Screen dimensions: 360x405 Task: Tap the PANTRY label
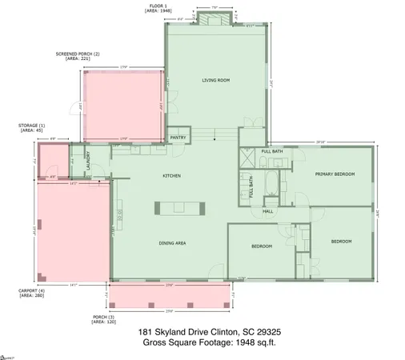pos(178,138)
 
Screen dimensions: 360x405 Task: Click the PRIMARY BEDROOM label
pos(334,174)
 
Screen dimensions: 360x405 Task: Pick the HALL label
pos(268,211)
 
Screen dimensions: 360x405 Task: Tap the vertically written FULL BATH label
pos(251,187)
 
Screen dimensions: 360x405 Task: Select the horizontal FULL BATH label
pos(272,151)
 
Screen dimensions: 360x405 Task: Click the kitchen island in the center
pos(179,208)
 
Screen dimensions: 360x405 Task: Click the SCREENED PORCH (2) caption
pos(78,57)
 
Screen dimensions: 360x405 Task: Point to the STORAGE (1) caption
pos(31,129)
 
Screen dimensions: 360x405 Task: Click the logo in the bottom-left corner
pos(8,354)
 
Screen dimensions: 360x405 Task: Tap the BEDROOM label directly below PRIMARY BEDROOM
pos(342,241)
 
